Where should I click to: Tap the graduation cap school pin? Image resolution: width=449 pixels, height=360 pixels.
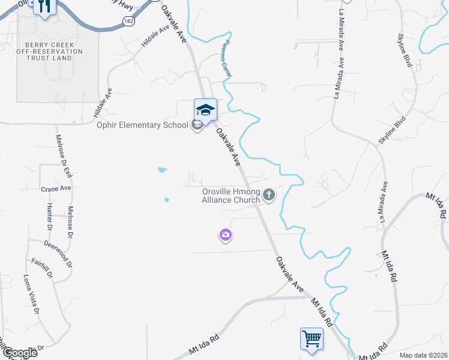click(x=205, y=110)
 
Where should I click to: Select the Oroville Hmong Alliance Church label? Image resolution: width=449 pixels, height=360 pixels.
click(x=231, y=196)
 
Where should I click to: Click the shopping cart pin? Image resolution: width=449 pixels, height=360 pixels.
click(x=312, y=338)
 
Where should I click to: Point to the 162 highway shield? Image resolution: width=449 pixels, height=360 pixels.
click(x=128, y=20)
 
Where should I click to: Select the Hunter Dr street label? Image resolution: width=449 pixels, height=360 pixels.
click(x=50, y=216)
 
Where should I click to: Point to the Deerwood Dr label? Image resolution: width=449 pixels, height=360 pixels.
click(x=59, y=254)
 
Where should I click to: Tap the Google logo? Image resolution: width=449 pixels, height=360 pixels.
click(x=19, y=353)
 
